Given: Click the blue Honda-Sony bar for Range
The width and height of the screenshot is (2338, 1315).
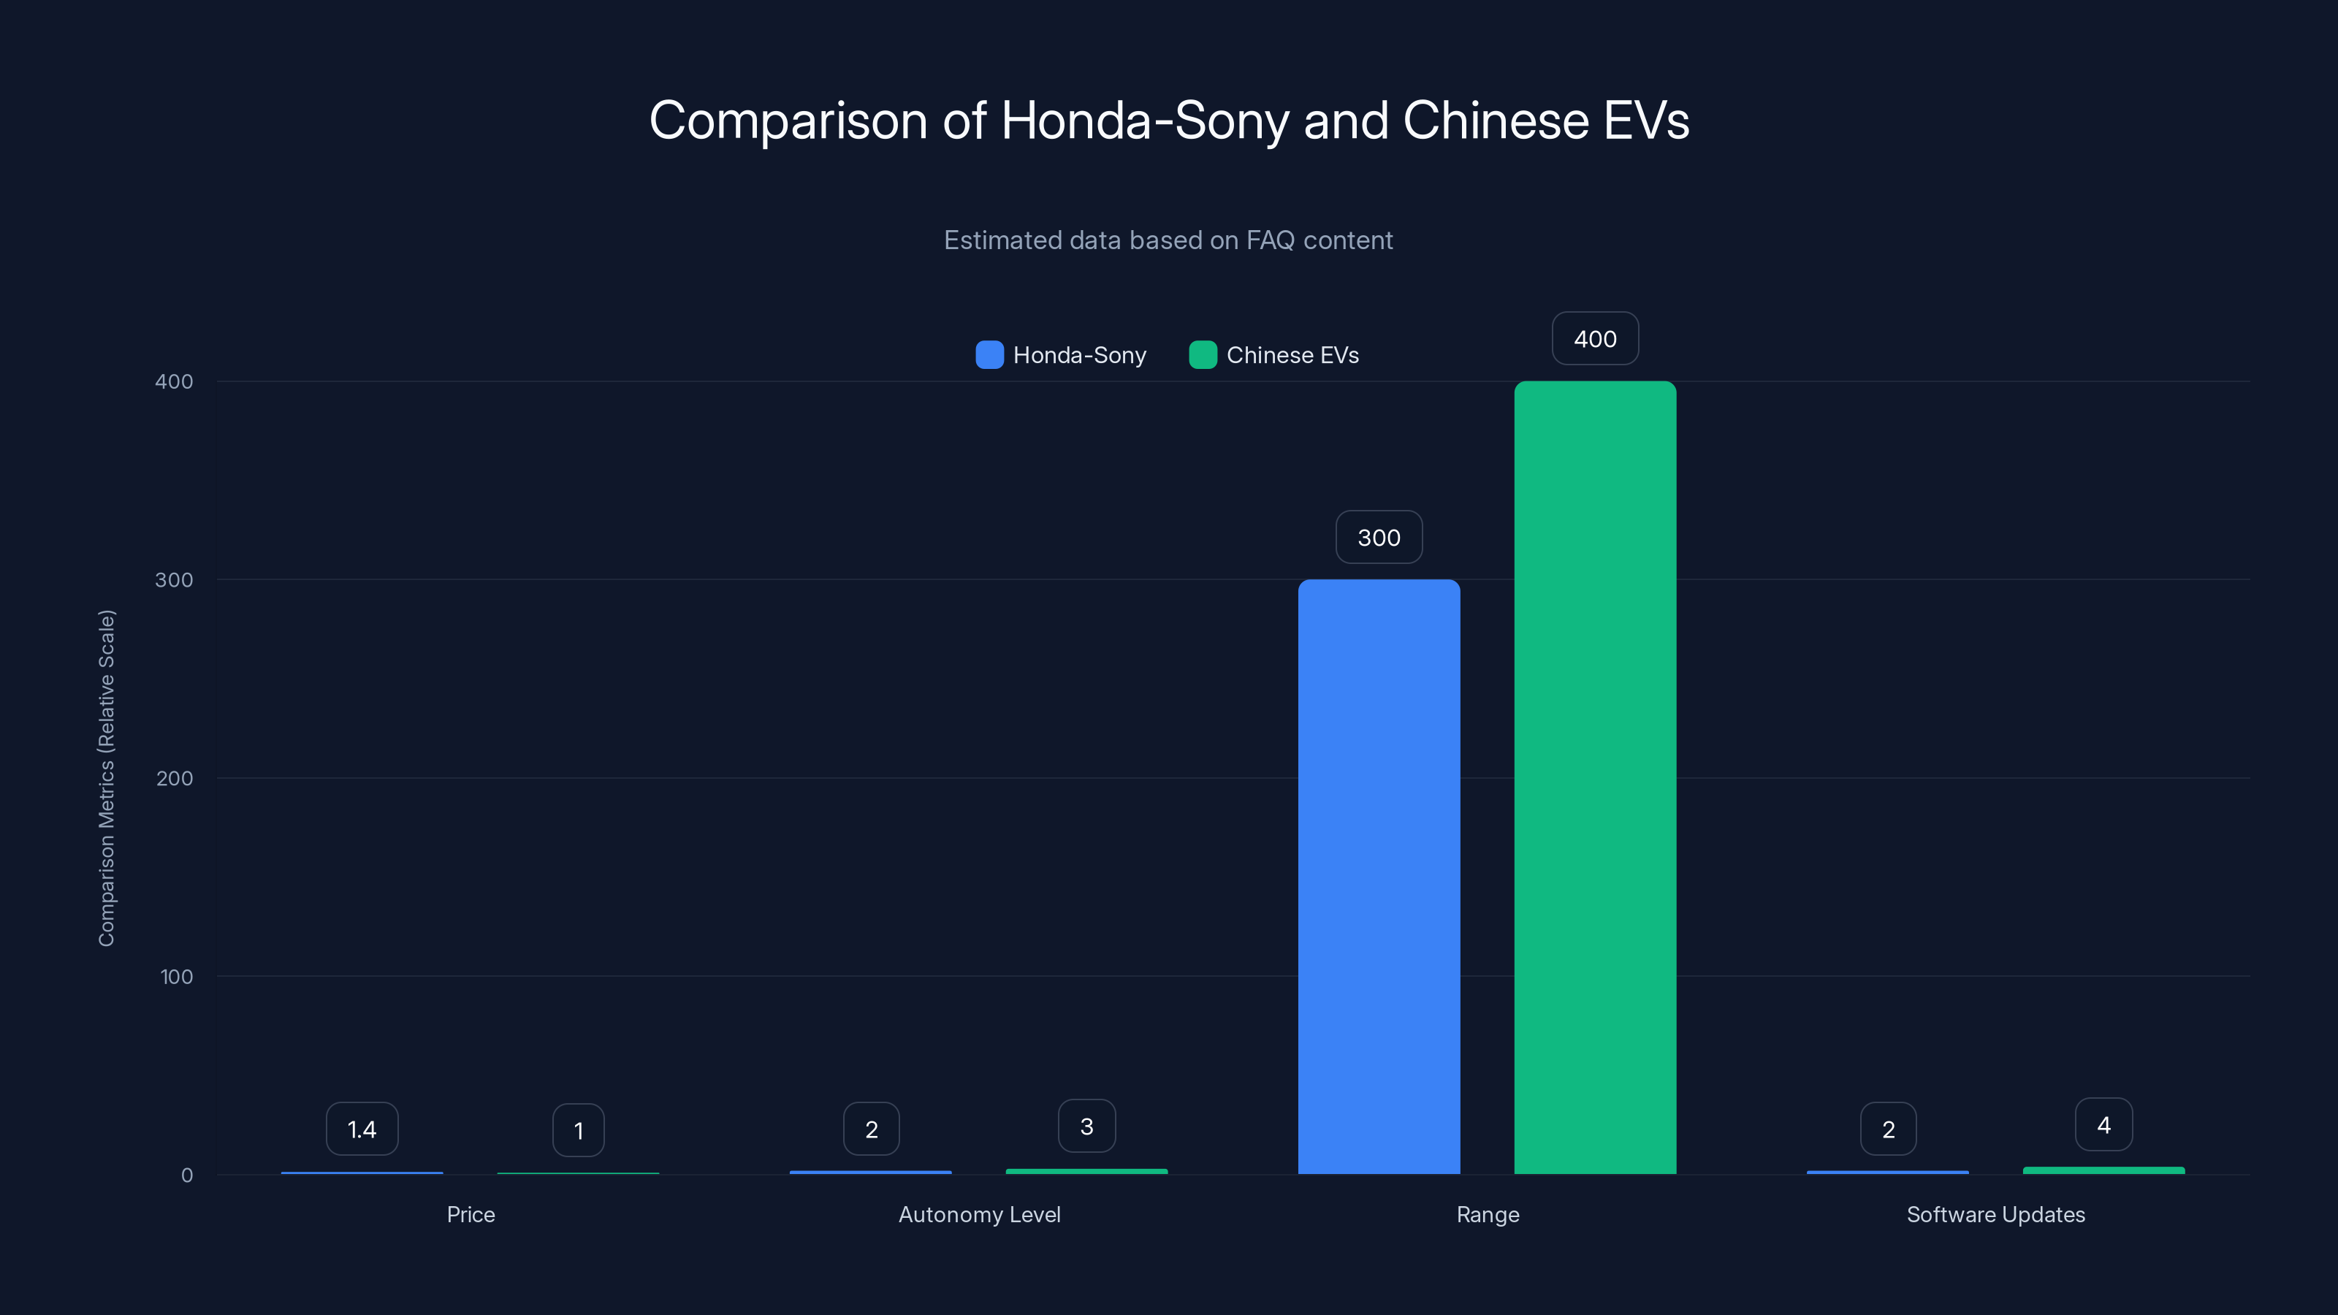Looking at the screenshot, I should pyautogui.click(x=1379, y=876).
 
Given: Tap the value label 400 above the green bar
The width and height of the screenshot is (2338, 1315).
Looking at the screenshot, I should pyautogui.click(x=1595, y=338).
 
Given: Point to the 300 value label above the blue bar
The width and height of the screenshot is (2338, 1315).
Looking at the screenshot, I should pyautogui.click(x=1379, y=537).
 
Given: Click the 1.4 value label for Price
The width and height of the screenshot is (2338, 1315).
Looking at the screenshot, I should pyautogui.click(x=362, y=1129).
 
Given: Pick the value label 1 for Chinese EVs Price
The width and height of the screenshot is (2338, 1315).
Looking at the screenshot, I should pyautogui.click(x=578, y=1130).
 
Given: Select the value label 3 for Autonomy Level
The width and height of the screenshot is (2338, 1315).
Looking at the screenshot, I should pyautogui.click(x=1086, y=1127).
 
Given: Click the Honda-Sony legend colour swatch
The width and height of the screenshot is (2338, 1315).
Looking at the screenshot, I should pyautogui.click(x=989, y=355).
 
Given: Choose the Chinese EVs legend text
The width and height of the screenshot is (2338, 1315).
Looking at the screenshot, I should pyautogui.click(x=1292, y=355).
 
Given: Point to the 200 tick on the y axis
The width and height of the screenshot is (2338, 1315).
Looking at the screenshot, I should pyautogui.click(x=175, y=778).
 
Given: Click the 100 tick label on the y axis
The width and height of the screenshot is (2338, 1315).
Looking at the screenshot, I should pyautogui.click(x=176, y=977).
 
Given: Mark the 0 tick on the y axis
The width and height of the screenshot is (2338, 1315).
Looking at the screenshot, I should pyautogui.click(x=187, y=1175).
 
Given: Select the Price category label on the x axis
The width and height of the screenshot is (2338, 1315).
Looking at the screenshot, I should pyautogui.click(x=471, y=1214).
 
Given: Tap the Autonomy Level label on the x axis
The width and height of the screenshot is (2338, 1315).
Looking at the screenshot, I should pyautogui.click(x=979, y=1214).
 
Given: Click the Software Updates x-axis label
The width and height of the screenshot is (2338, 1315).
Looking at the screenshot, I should pyautogui.click(x=1996, y=1214).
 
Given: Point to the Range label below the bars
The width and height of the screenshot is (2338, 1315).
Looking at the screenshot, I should pyautogui.click(x=1488, y=1214).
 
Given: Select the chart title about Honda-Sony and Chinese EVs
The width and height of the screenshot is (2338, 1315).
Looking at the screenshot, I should pyautogui.click(x=1169, y=120).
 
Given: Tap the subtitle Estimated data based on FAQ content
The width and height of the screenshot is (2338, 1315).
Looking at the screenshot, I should pyautogui.click(x=1168, y=240).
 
